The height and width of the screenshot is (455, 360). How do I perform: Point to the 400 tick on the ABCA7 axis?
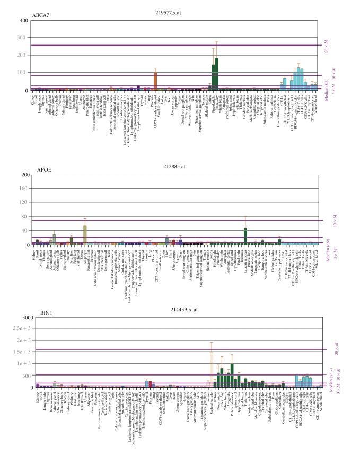point(23,21)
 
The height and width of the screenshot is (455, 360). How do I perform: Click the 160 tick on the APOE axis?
point(23,188)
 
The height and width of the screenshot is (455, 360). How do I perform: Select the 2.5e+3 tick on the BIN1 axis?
point(20,328)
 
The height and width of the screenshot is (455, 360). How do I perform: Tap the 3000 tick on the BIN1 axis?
point(22,317)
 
